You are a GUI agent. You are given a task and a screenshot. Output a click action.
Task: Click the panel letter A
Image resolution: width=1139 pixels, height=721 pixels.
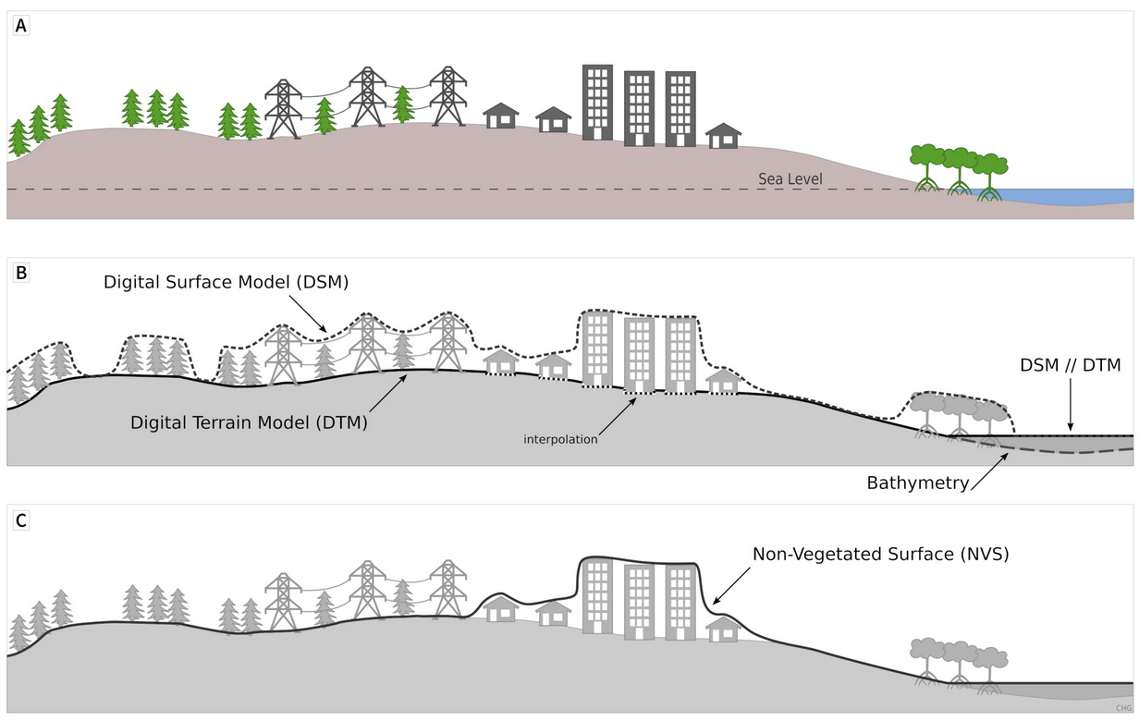tap(21, 26)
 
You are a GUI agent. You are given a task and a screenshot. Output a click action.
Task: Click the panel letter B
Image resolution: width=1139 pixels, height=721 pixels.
tap(21, 273)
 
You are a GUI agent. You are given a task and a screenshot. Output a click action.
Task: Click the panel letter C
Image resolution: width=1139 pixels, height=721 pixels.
tap(21, 520)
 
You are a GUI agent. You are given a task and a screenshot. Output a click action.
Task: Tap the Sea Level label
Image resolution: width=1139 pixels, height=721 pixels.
tap(790, 179)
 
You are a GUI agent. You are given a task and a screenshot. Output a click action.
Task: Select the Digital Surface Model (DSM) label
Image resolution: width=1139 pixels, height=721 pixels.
tap(227, 282)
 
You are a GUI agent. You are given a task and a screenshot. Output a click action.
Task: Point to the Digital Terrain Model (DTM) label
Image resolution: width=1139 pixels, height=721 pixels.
tap(249, 422)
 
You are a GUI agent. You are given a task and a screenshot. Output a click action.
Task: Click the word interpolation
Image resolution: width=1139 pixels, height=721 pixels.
tap(560, 439)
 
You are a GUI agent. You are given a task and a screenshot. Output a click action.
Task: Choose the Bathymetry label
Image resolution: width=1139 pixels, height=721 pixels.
tap(918, 483)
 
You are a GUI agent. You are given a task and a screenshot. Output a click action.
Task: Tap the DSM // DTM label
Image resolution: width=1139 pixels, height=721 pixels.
tap(1071, 365)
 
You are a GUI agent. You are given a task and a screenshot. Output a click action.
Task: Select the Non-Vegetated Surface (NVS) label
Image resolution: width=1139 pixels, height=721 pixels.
tap(881, 555)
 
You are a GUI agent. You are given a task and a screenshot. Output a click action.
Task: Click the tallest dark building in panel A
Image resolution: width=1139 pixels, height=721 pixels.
tap(597, 103)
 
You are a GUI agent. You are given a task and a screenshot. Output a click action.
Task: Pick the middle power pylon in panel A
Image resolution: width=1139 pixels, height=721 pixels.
tap(367, 97)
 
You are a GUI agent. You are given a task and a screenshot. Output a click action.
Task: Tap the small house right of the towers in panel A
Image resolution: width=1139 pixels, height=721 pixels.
tap(723, 136)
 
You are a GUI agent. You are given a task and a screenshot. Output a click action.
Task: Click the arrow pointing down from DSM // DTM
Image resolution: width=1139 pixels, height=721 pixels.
tap(1071, 404)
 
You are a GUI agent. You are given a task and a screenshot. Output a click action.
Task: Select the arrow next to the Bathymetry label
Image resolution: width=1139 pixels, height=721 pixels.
tap(989, 471)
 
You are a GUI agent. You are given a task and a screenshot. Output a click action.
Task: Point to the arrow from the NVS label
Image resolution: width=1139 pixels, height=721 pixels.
tap(731, 586)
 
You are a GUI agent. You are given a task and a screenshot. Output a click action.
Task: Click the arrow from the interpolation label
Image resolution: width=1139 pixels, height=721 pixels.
tap(618, 417)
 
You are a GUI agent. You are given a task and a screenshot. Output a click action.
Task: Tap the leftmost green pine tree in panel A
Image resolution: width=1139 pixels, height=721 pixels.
tap(18, 138)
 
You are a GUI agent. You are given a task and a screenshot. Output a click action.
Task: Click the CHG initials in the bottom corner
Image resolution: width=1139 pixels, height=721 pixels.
tap(1124, 708)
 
